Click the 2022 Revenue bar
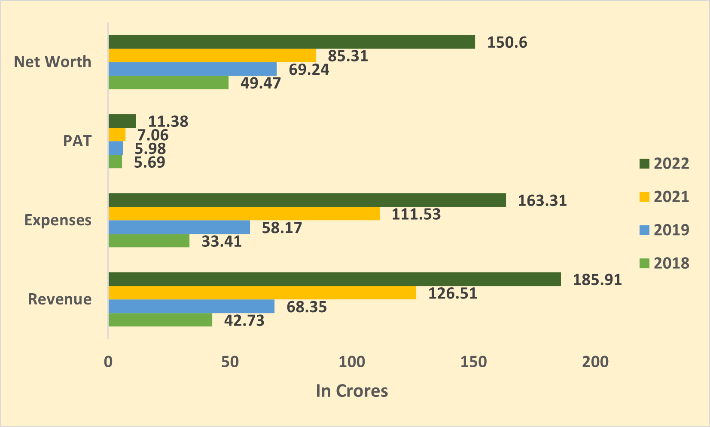click(x=334, y=279)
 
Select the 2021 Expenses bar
click(x=244, y=214)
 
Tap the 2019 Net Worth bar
click(x=192, y=69)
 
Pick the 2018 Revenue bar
click(x=160, y=320)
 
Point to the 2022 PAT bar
click(x=122, y=121)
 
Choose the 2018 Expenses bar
click(x=149, y=241)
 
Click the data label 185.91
click(x=597, y=280)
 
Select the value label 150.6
click(x=507, y=43)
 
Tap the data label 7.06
click(x=153, y=135)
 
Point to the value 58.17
click(x=282, y=227)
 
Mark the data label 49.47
click(x=260, y=83)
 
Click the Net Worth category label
click(x=52, y=62)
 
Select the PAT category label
click(x=77, y=141)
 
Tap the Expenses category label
click(x=58, y=220)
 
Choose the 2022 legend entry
click(x=664, y=163)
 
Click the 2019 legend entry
click(x=664, y=230)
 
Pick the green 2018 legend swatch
click(x=644, y=263)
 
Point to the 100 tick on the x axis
click(x=352, y=362)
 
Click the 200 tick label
click(x=595, y=362)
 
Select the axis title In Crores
click(x=352, y=391)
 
